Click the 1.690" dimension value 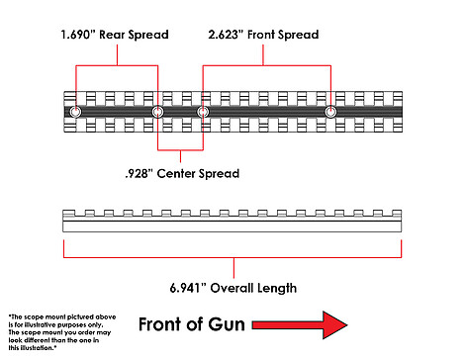coord(78,35)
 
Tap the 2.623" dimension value coord(226,35)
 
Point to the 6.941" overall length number coord(188,288)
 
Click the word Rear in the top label coord(112,35)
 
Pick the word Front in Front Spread coord(261,35)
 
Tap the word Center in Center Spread coord(176,173)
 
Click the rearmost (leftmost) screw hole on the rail coord(75,112)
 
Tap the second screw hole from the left coord(157,112)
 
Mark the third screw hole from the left coord(203,112)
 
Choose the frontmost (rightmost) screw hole coord(330,112)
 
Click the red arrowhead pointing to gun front coord(334,325)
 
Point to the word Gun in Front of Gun coord(227,324)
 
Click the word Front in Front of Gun coord(159,324)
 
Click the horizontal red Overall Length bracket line coord(233,257)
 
